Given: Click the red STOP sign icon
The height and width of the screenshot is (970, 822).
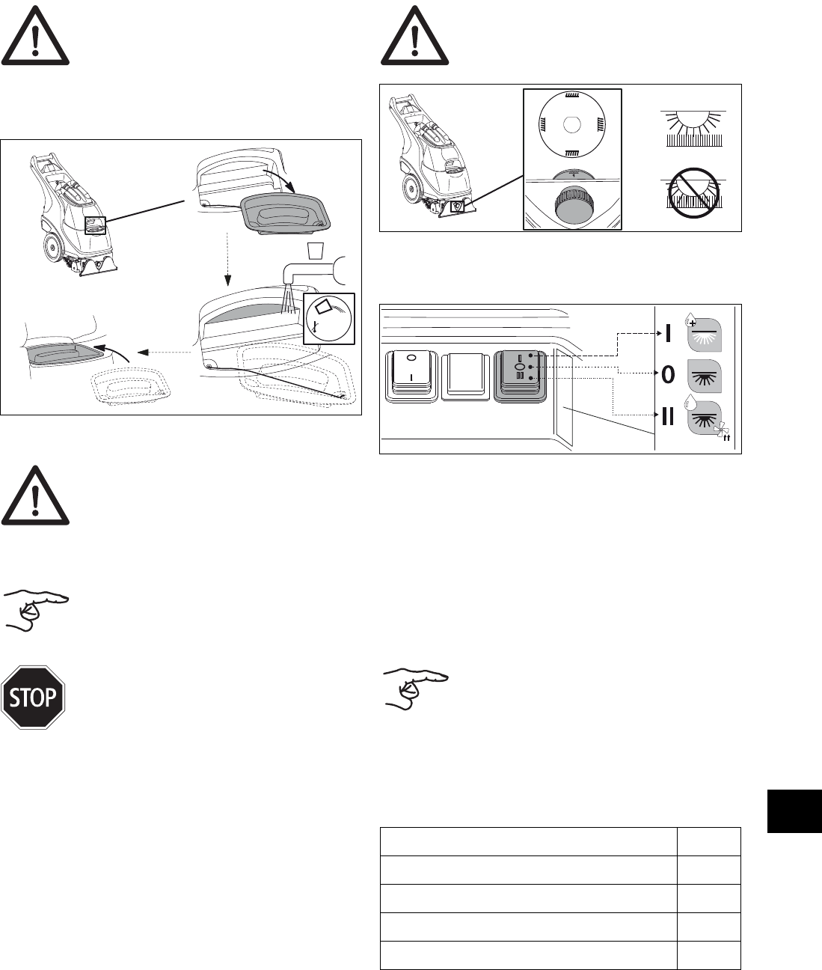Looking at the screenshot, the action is (x=34, y=697).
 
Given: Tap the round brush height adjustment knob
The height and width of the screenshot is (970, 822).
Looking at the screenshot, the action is (x=571, y=207).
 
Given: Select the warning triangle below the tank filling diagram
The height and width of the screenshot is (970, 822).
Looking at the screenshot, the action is (x=35, y=496).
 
